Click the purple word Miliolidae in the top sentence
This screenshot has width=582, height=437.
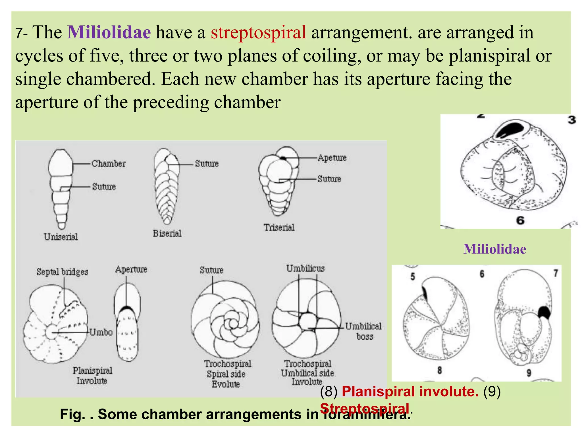tap(109, 32)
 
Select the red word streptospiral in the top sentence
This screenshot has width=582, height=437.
tap(258, 32)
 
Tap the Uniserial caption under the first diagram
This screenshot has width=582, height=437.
tap(61, 237)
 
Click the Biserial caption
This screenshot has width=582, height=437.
tap(167, 233)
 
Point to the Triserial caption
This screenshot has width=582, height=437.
tap(279, 228)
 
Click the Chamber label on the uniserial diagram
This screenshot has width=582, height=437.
tap(108, 164)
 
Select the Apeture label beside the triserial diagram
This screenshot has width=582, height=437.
tap(332, 158)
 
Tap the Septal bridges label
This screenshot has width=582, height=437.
tap(62, 272)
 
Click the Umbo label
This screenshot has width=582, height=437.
tap(101, 332)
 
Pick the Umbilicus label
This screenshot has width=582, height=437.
tap(305, 268)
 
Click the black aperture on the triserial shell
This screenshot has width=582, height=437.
tap(282, 157)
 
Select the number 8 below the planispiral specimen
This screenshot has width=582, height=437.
tap(439, 370)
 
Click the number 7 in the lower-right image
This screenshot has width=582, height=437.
tap(556, 273)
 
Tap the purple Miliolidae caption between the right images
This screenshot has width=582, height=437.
tap(494, 249)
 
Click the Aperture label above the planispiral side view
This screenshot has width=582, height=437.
tap(131, 269)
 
